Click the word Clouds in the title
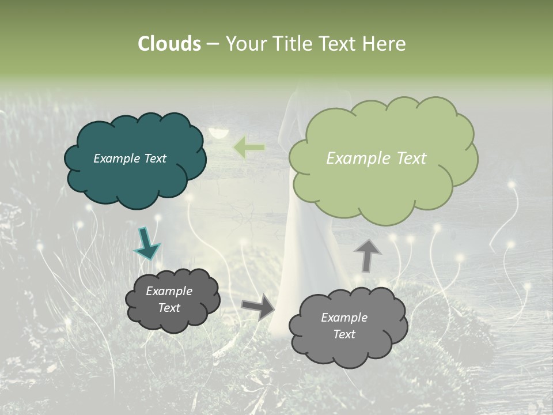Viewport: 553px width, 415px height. (169, 44)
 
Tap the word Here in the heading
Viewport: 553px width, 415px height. (385, 44)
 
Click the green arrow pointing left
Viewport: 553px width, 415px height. (249, 148)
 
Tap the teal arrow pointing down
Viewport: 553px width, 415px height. (147, 244)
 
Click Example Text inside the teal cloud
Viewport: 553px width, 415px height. (130, 159)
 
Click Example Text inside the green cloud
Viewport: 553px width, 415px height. (376, 159)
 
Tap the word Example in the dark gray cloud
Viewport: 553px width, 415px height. (169, 291)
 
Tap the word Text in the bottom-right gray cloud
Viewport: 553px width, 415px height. (344, 334)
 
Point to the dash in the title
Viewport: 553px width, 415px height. (213, 44)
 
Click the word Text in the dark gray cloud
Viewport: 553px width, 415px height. (169, 308)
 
